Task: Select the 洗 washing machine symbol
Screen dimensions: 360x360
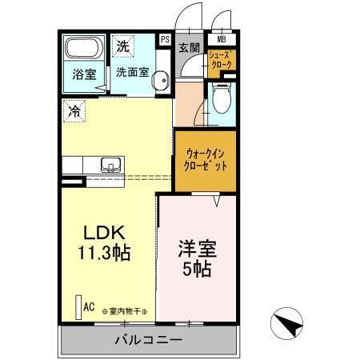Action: click(123, 46)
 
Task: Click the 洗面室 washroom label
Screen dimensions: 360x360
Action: click(131, 71)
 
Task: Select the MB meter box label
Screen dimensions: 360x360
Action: click(221, 38)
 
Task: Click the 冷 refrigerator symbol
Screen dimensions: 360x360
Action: click(74, 110)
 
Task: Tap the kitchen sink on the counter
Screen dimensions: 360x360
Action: click(110, 166)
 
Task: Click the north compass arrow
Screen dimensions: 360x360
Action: click(290, 324)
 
